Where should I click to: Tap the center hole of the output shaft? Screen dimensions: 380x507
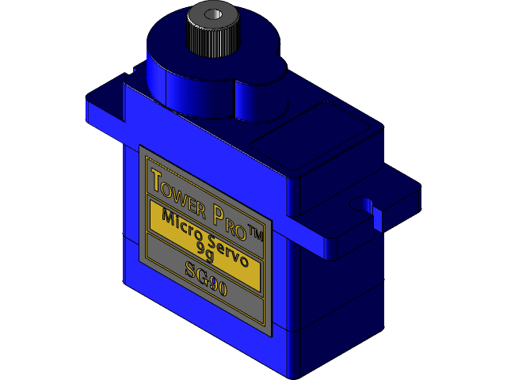point(213,15)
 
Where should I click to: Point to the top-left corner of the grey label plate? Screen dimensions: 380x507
point(140,146)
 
